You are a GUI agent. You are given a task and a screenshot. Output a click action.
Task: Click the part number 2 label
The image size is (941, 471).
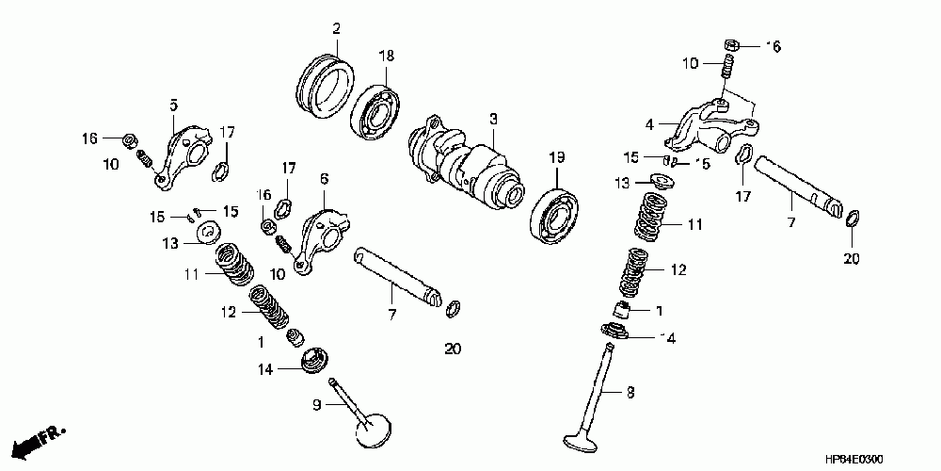[x=335, y=29]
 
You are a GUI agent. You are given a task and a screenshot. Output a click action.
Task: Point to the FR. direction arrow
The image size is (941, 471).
[x=42, y=437]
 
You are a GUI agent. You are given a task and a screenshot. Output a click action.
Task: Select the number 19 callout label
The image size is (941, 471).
[x=556, y=156]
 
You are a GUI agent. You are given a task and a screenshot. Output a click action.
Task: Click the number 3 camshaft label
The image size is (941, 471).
[x=492, y=121]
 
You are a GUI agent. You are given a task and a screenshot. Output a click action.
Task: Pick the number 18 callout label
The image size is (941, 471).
[x=386, y=57]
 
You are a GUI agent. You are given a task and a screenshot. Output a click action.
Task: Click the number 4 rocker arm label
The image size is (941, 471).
[x=649, y=122]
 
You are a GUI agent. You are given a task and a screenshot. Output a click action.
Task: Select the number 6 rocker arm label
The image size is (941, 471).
[x=324, y=178]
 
